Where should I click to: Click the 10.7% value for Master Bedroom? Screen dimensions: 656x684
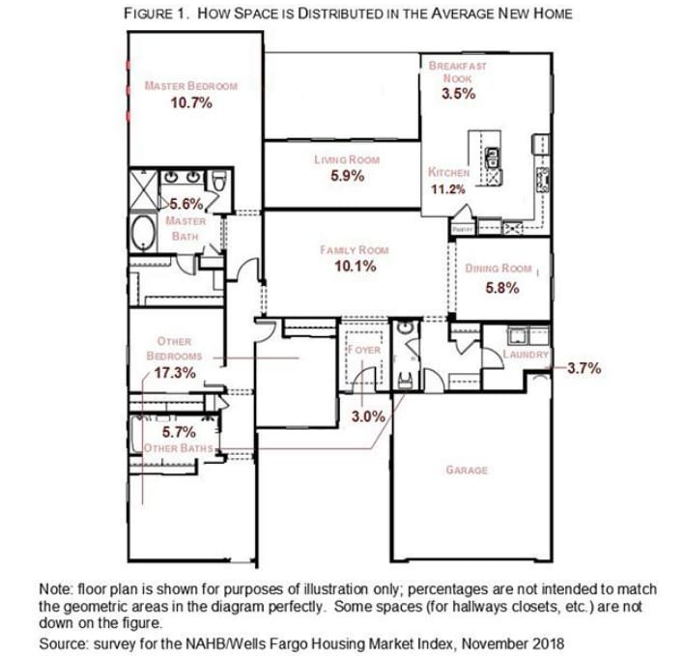point(190,102)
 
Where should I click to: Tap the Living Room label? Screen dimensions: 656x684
point(346,159)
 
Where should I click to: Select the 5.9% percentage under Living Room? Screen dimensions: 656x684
point(346,176)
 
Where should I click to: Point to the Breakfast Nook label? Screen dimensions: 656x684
point(458,71)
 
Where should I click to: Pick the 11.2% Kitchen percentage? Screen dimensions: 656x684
point(447,188)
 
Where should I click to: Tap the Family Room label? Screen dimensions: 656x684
point(354,250)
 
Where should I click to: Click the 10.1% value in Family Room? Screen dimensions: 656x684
point(355,267)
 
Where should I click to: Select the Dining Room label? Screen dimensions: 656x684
point(499,268)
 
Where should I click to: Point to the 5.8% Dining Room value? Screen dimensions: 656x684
point(503,287)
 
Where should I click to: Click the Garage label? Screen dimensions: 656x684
point(466,471)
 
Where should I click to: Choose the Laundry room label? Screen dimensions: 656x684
point(526,355)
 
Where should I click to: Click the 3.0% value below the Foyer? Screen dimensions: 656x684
point(367,416)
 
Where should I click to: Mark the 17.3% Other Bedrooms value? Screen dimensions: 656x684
point(175,372)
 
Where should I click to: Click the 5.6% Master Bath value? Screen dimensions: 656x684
point(185,204)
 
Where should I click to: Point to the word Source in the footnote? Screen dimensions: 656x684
point(61,642)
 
